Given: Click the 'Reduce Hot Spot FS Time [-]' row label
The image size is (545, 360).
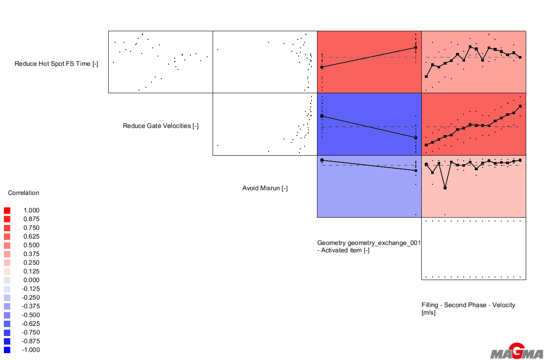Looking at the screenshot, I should (x=56, y=64).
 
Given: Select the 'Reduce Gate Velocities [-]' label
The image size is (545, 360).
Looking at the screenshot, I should (x=160, y=126).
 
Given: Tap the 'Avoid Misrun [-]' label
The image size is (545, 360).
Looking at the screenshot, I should (x=265, y=188).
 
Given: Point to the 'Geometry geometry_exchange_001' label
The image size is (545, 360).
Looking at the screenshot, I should (x=369, y=243).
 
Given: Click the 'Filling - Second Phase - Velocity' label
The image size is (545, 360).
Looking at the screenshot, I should (x=468, y=305).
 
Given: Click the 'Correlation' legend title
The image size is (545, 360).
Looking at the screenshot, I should (x=24, y=193).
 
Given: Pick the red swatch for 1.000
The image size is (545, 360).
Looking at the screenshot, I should (x=7, y=210).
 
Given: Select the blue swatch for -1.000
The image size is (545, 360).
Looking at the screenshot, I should (x=7, y=350).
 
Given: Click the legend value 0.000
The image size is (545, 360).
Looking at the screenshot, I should (x=31, y=280).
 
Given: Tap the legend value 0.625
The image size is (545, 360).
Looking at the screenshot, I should (x=31, y=236).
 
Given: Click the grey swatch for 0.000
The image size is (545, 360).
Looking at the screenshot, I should (x=7, y=280).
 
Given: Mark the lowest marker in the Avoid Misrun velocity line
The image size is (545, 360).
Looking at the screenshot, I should (x=445, y=188).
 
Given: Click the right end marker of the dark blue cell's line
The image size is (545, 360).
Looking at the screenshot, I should (x=416, y=138).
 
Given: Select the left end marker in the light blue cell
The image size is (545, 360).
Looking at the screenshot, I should (x=322, y=160).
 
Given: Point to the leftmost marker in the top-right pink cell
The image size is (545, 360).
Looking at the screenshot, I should (x=426, y=77).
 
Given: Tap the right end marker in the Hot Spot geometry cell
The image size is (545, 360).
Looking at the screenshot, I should (x=416, y=48).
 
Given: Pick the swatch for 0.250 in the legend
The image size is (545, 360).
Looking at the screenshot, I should (x=7, y=263).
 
